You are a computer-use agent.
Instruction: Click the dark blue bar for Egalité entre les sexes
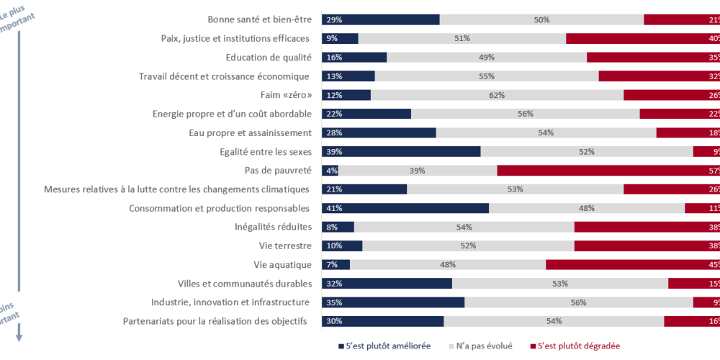coord(401,151)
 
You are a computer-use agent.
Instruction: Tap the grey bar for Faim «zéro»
coord(497,95)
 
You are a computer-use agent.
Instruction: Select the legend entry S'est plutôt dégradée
coord(579,346)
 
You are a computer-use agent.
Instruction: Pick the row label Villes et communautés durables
coord(244,283)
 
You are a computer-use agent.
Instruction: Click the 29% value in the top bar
coord(333,19)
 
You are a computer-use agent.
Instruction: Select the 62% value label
coord(497,95)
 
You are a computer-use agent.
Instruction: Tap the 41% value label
coord(333,208)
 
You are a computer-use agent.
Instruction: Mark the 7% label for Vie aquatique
coord(331,264)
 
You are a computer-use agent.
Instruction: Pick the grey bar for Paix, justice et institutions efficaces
coord(462,38)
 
